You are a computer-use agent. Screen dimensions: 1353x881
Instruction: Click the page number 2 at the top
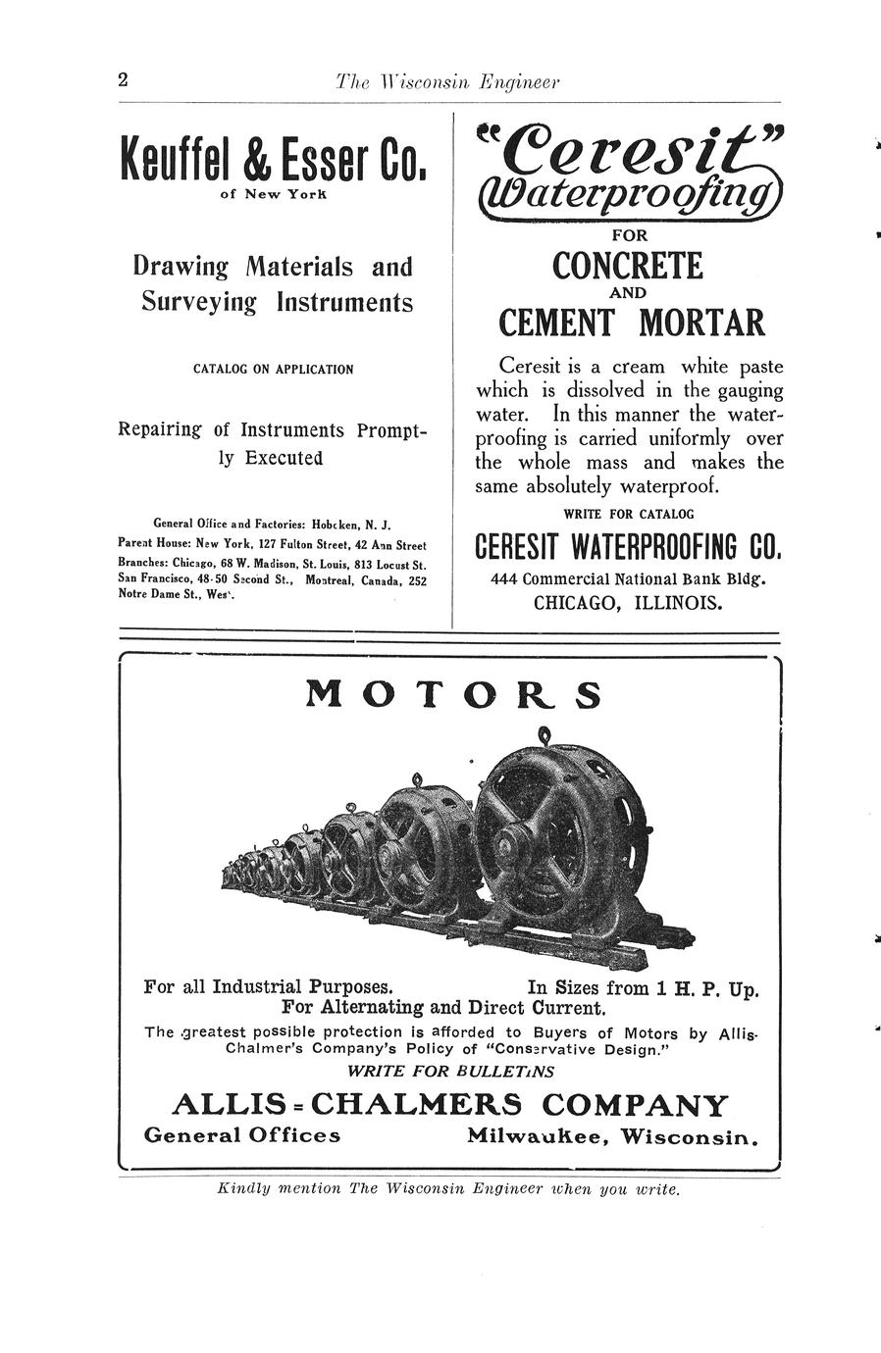pos(123,80)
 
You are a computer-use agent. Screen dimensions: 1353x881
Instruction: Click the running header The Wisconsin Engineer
pos(446,82)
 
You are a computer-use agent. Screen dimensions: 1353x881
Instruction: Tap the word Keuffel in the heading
pos(172,158)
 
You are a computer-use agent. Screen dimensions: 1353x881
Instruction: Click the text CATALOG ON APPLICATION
pos(273,370)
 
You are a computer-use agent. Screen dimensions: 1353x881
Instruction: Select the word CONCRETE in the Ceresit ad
pos(628,266)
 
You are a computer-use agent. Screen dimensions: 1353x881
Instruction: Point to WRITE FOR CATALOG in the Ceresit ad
pos(628,514)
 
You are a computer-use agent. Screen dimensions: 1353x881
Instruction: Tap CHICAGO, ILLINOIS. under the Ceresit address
pos(628,603)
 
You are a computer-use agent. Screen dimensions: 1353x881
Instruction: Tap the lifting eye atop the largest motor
pos(544,734)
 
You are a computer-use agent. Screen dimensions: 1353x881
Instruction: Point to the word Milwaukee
pos(539,1136)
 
